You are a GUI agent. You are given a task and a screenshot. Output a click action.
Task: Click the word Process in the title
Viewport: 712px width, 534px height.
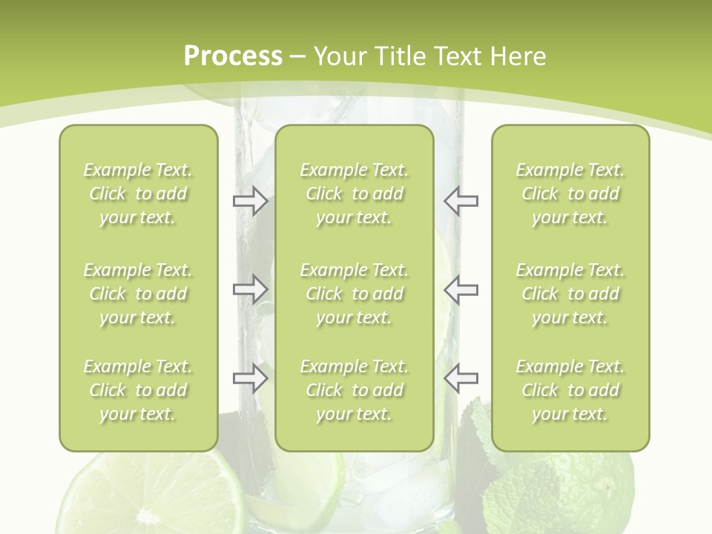pyautogui.click(x=233, y=56)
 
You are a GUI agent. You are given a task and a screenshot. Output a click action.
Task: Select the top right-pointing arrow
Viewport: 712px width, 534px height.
pyautogui.click(x=250, y=200)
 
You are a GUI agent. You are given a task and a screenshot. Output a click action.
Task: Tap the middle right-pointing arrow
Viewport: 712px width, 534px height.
pyautogui.click(x=250, y=289)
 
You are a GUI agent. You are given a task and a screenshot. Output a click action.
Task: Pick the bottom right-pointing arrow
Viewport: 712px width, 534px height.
pyautogui.click(x=250, y=378)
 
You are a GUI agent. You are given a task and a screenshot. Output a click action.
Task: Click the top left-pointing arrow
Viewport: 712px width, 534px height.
pyautogui.click(x=461, y=200)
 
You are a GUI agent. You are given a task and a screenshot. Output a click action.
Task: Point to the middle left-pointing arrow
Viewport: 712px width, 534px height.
pyautogui.click(x=461, y=289)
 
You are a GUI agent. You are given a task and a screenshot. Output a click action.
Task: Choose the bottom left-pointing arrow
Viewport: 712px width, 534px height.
pyautogui.click(x=461, y=378)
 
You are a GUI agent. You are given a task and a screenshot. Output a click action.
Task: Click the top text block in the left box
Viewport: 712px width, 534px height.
pyautogui.click(x=138, y=194)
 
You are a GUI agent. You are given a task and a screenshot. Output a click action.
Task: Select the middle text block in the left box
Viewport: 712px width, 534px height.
pyautogui.click(x=138, y=294)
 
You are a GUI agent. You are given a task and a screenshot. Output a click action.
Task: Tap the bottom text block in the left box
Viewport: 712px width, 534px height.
pyautogui.click(x=138, y=390)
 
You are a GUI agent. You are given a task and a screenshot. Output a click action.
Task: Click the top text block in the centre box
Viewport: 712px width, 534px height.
pyautogui.click(x=354, y=194)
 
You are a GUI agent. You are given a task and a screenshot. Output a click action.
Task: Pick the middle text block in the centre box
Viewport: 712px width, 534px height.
pyautogui.click(x=354, y=294)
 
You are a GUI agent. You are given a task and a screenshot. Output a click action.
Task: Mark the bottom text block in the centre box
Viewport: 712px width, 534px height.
pyautogui.click(x=354, y=390)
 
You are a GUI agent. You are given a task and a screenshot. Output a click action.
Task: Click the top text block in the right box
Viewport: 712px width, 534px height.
pyautogui.click(x=570, y=194)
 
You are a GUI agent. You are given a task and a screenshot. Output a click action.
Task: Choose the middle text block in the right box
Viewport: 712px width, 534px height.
pyautogui.click(x=570, y=294)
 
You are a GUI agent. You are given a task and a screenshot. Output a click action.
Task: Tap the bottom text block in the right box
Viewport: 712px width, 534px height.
pyautogui.click(x=570, y=390)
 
